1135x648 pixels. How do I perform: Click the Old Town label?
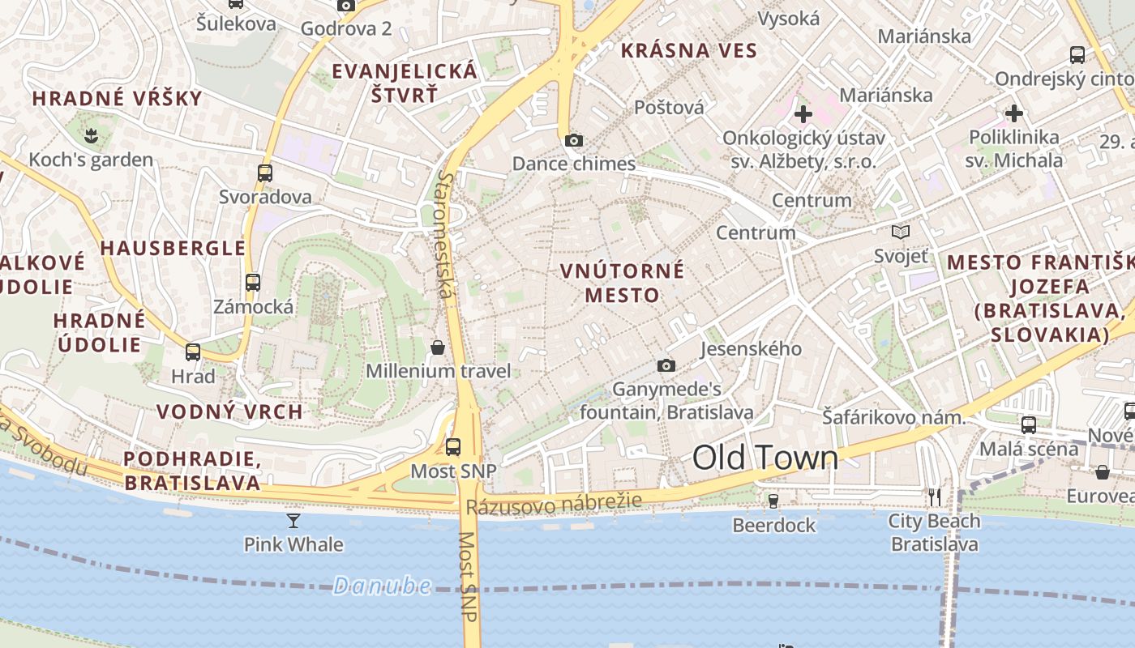[765, 458]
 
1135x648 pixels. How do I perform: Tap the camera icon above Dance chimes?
[574, 140]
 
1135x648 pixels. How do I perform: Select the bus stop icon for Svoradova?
[265, 173]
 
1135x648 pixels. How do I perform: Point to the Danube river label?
[381, 586]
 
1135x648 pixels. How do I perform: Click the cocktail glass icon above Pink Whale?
[293, 520]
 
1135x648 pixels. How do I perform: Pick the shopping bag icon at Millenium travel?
[438, 347]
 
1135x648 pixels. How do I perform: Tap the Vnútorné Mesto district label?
[623, 282]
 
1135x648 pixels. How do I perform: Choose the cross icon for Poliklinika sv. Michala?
[1013, 113]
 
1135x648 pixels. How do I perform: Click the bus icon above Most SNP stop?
[453, 446]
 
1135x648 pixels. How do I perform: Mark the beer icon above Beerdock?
[773, 501]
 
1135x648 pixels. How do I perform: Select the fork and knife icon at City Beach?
[935, 497]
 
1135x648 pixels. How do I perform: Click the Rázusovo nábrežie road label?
[554, 505]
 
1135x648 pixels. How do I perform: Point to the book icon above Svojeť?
[901, 232]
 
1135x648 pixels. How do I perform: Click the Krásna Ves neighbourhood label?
[688, 51]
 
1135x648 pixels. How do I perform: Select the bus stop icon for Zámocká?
[253, 283]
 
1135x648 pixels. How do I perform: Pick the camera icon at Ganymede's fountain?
[666, 365]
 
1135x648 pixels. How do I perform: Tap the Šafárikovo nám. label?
[893, 418]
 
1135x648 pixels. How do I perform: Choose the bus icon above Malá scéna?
[1029, 424]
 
